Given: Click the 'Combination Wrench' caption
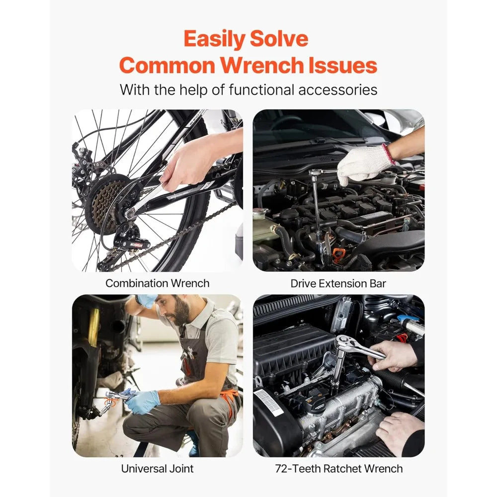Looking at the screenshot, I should pyautogui.click(x=157, y=283).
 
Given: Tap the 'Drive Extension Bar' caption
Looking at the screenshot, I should pyautogui.click(x=338, y=284).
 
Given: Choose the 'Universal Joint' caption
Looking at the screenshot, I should pyautogui.click(x=157, y=468).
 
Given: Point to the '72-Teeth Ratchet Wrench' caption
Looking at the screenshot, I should pyautogui.click(x=338, y=468).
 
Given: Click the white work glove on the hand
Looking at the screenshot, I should pyautogui.click(x=362, y=165).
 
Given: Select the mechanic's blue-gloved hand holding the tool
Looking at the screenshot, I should pyautogui.click(x=143, y=401).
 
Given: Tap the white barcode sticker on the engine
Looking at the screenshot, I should pyautogui.click(x=268, y=402).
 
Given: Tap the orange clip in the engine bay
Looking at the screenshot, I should pyautogui.click(x=338, y=254).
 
